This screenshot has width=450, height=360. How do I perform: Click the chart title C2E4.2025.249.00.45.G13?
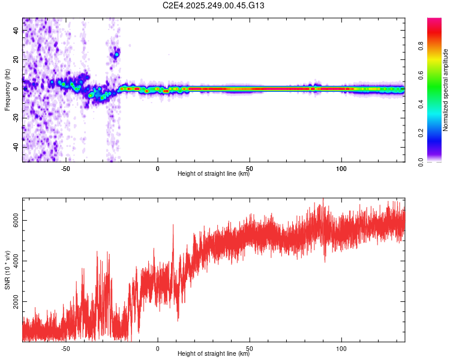214,6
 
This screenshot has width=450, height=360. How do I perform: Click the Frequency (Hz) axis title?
7,89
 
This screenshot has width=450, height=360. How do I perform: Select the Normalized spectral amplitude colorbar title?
446,90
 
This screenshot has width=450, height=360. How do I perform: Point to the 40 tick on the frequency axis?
17,31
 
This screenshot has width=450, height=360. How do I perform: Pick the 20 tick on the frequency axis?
17,60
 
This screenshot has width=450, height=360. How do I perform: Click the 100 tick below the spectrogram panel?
341,169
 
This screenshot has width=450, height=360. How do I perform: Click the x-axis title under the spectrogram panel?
214,175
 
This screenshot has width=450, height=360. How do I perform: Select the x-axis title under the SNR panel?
214,355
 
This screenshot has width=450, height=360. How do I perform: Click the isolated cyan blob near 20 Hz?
116,55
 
